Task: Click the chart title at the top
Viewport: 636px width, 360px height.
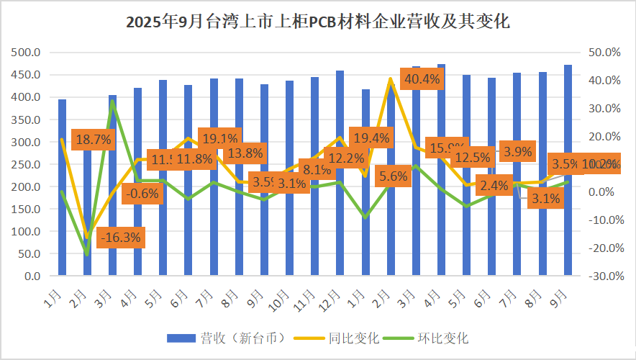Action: click(x=317, y=22)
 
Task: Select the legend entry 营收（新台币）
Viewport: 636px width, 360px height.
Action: click(x=228, y=337)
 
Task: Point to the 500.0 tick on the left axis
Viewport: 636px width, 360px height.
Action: click(x=26, y=52)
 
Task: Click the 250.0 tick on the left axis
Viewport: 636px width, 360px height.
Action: click(x=26, y=164)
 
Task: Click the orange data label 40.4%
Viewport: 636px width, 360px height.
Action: click(x=422, y=78)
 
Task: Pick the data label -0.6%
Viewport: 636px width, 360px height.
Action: click(x=142, y=192)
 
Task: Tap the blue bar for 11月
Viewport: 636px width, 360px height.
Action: click(x=315, y=216)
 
